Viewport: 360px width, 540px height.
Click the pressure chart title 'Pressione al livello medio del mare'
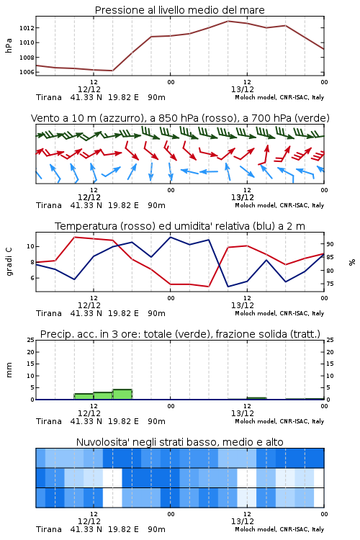[179, 10]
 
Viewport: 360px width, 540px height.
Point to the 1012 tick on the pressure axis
[27, 28]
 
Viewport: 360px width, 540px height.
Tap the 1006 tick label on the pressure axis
[27, 72]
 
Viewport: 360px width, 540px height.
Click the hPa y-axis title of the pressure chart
[9, 45]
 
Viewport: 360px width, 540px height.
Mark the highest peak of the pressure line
[228, 21]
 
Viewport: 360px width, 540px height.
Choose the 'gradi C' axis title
[9, 262]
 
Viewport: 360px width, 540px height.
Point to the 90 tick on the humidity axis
[330, 244]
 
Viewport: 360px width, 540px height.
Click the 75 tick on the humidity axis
[330, 284]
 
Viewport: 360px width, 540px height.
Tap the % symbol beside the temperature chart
[352, 262]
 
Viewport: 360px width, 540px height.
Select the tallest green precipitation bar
[122, 395]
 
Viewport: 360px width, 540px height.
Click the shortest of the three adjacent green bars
[84, 397]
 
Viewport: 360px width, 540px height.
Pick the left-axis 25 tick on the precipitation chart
[31, 340]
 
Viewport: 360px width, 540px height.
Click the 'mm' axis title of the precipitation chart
[9, 370]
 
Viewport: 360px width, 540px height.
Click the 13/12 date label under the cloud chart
[242, 521]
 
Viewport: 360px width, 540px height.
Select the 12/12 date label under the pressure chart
[89, 89]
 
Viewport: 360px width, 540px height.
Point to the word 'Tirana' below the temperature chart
[49, 313]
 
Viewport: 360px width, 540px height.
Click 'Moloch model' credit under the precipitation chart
[256, 421]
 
